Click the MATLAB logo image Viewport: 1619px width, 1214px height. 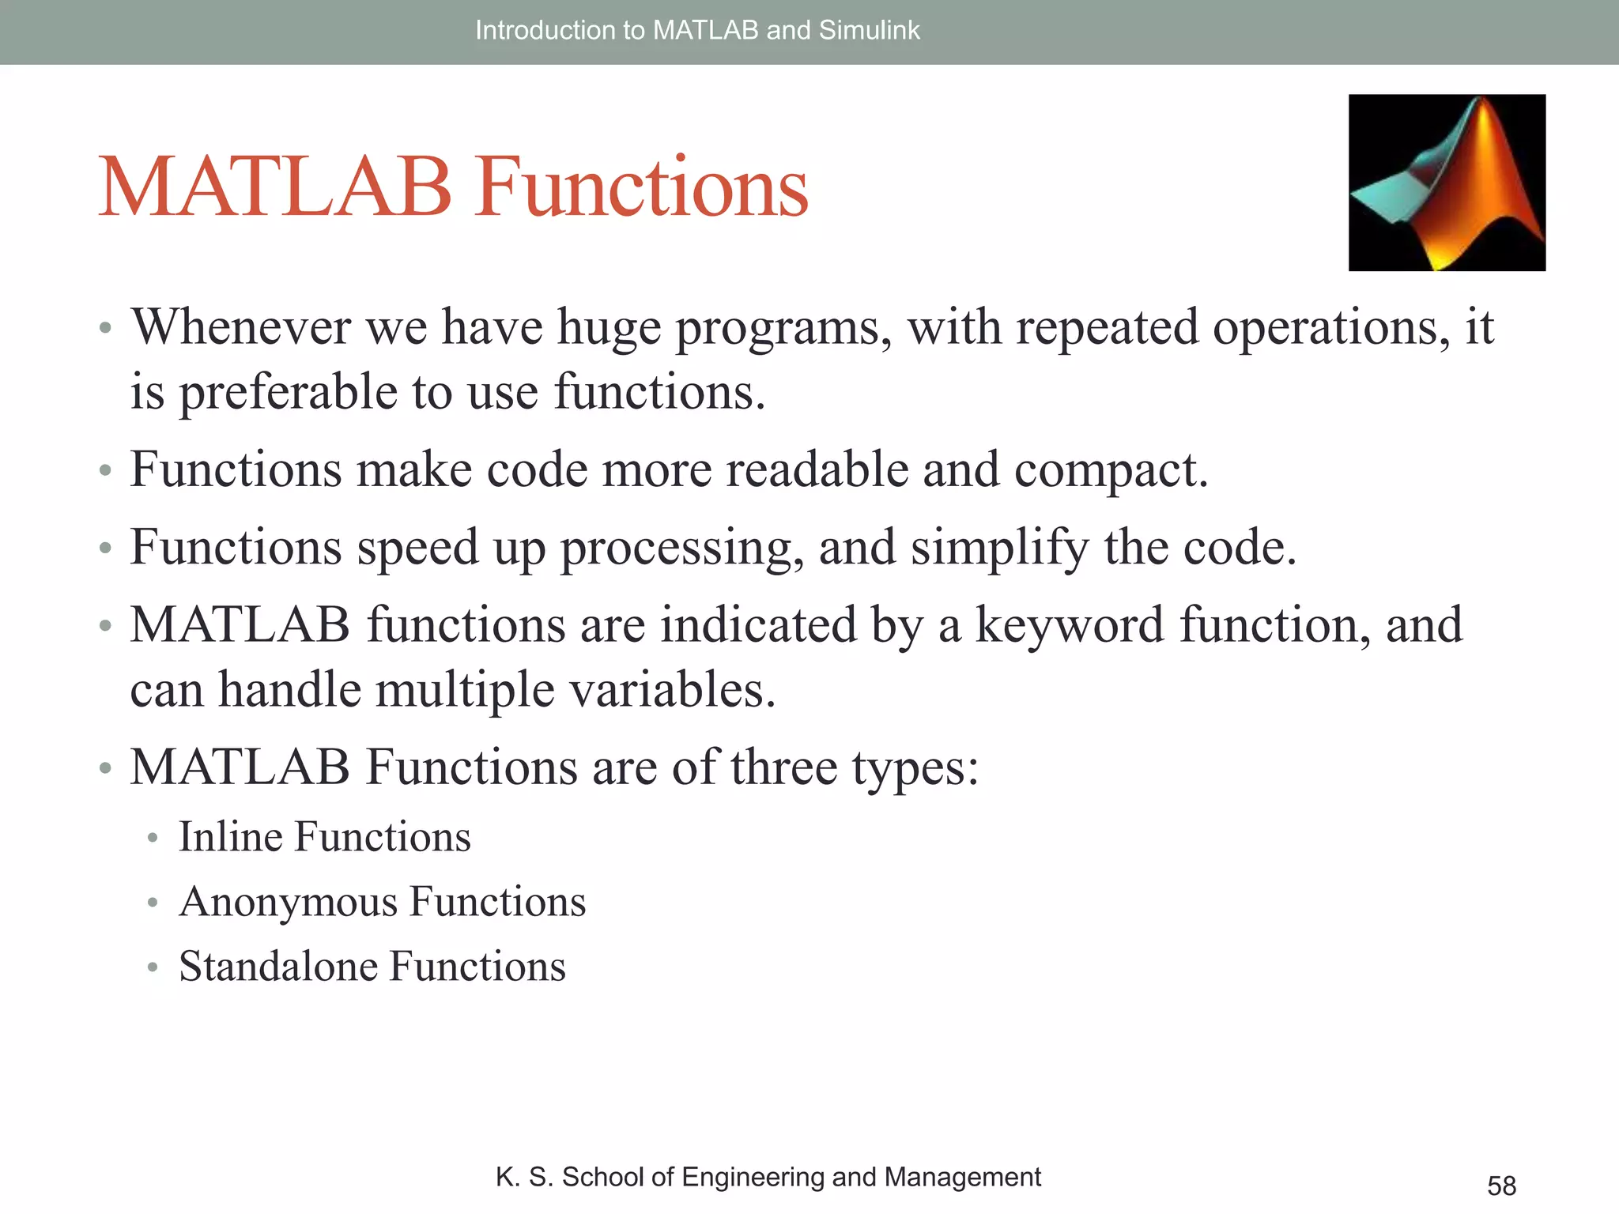coord(1447,183)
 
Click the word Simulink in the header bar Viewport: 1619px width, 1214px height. coord(869,30)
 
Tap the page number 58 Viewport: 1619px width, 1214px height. coord(1501,1186)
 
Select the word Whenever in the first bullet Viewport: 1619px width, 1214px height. coord(241,326)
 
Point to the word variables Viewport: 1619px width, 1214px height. coord(672,689)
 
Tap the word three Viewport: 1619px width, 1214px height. coord(783,767)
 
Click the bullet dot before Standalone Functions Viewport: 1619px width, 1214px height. coord(153,967)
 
